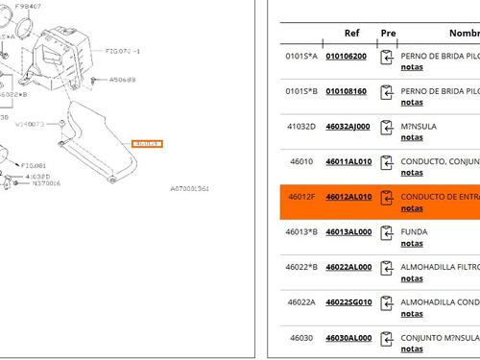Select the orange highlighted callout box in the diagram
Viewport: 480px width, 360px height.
149,143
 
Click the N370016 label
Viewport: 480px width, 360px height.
42,183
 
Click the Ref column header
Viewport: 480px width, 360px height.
351,33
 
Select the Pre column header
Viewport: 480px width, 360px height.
388,33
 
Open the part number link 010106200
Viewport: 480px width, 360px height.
346,56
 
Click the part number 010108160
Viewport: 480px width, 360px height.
346,91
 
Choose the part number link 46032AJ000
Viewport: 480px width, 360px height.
348,126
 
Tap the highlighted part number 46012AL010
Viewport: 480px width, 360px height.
348,197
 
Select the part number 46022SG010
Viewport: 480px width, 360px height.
348,302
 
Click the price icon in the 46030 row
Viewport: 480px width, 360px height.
387,341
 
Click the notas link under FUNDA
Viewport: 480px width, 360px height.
411,243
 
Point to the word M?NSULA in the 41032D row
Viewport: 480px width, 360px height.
420,126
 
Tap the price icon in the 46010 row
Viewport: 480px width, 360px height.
387,164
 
